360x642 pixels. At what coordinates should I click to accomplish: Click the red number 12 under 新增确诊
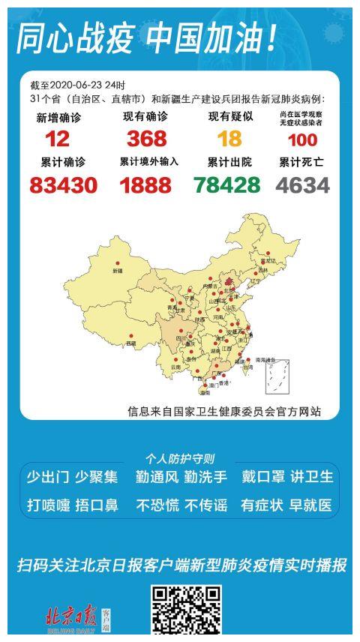57,139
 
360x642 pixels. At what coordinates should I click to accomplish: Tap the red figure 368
146,139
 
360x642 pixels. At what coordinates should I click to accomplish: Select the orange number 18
229,139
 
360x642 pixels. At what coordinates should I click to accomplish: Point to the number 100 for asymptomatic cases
301,139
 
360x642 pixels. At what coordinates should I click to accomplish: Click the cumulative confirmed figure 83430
64,184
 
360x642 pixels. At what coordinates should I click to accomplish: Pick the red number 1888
145,184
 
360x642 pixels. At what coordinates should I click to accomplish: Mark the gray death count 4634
303,184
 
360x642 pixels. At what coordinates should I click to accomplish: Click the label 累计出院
229,162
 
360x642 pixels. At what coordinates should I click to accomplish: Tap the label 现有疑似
230,117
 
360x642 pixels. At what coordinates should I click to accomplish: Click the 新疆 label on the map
118,270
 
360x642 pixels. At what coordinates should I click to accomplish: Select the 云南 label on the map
175,367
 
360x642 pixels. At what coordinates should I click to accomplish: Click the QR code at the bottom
187,611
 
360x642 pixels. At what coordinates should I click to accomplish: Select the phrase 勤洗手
202,477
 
